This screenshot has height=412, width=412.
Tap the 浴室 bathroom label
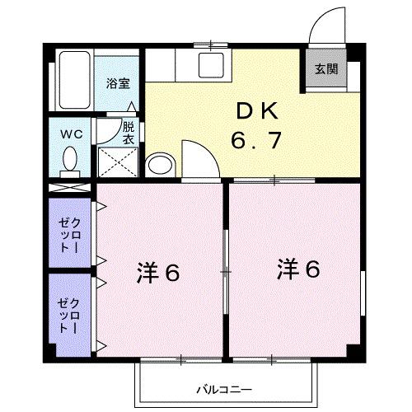coord(119,82)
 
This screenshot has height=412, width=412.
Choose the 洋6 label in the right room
coord(298,269)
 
